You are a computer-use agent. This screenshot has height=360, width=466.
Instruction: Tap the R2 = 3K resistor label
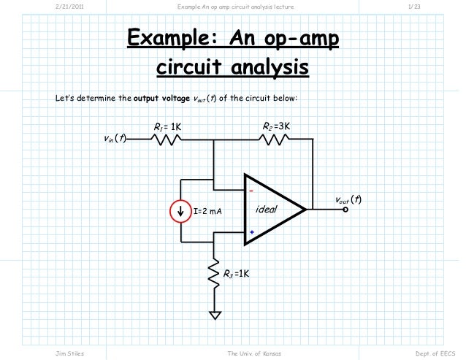click(x=277, y=126)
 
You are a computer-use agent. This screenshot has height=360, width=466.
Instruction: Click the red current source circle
click(x=180, y=211)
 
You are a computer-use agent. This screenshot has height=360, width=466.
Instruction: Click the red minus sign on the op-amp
click(x=251, y=193)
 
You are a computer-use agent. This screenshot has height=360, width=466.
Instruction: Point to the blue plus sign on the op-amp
click(x=251, y=232)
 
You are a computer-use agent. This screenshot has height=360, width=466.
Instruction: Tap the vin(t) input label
click(x=114, y=138)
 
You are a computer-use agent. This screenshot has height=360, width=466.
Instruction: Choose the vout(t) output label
click(x=348, y=199)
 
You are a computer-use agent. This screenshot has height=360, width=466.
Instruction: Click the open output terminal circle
click(x=346, y=210)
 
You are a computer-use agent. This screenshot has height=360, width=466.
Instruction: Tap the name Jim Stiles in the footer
click(x=70, y=353)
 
